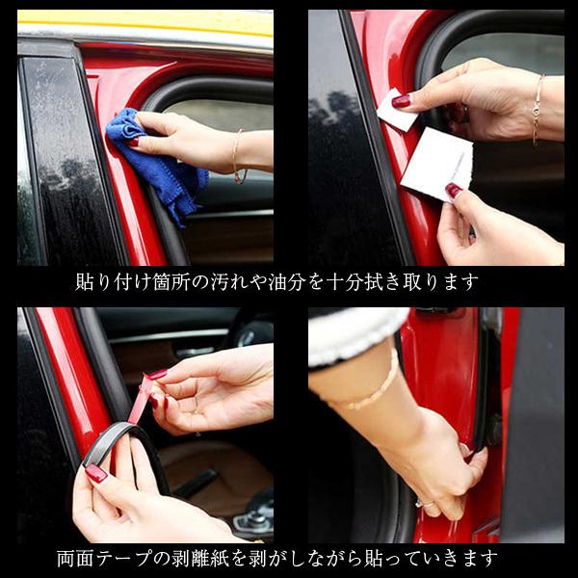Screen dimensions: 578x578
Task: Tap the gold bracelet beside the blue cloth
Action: (237, 154)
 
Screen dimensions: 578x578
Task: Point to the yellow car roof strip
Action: (144, 21)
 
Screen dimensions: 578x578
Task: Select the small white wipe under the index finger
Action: (395, 112)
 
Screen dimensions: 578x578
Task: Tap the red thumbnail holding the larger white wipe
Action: (454, 190)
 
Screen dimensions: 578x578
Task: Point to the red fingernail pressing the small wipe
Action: (402, 100)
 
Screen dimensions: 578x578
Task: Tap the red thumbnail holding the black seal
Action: (95, 473)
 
